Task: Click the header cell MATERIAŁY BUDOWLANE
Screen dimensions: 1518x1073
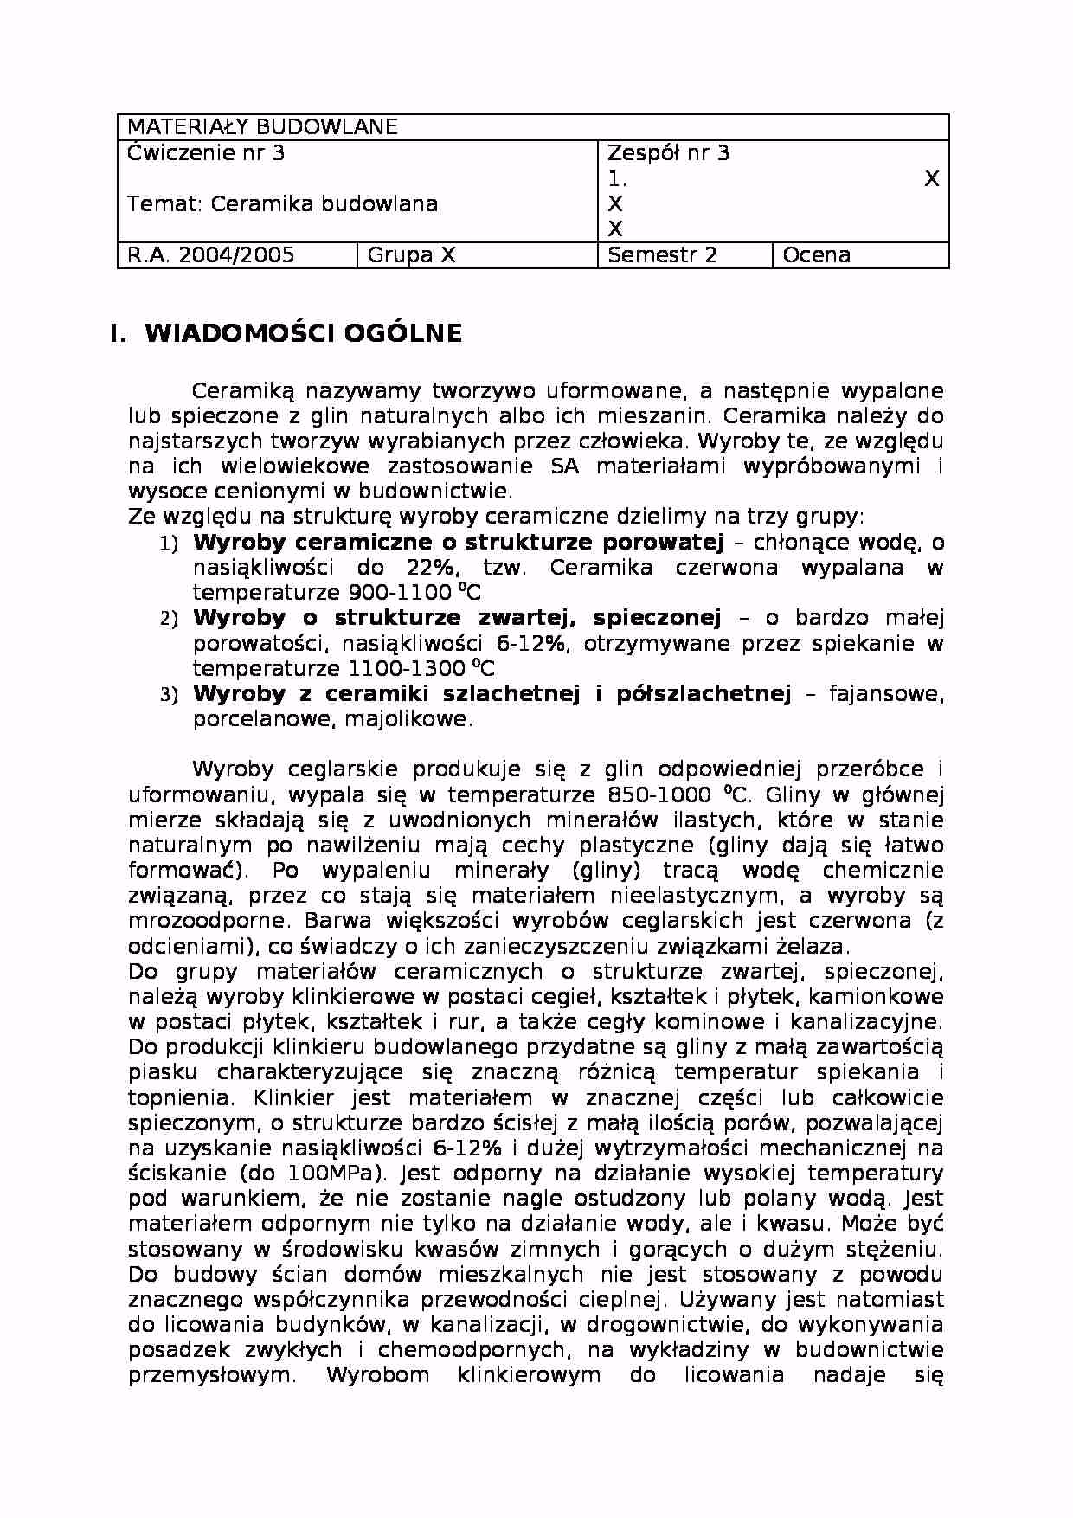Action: pos(262,127)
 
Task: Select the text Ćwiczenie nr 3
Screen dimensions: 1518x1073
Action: pos(206,154)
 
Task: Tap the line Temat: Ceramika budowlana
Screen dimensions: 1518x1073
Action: pos(282,204)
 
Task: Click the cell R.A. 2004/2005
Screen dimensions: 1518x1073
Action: pos(211,255)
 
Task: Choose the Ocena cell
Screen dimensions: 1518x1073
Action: pos(816,255)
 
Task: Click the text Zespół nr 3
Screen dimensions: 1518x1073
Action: pos(668,154)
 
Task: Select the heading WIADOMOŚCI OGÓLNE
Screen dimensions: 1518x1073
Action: pos(303,334)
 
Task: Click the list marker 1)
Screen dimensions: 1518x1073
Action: pos(169,544)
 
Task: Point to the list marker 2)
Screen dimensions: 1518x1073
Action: pos(169,620)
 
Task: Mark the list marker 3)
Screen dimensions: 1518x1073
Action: pos(169,695)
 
